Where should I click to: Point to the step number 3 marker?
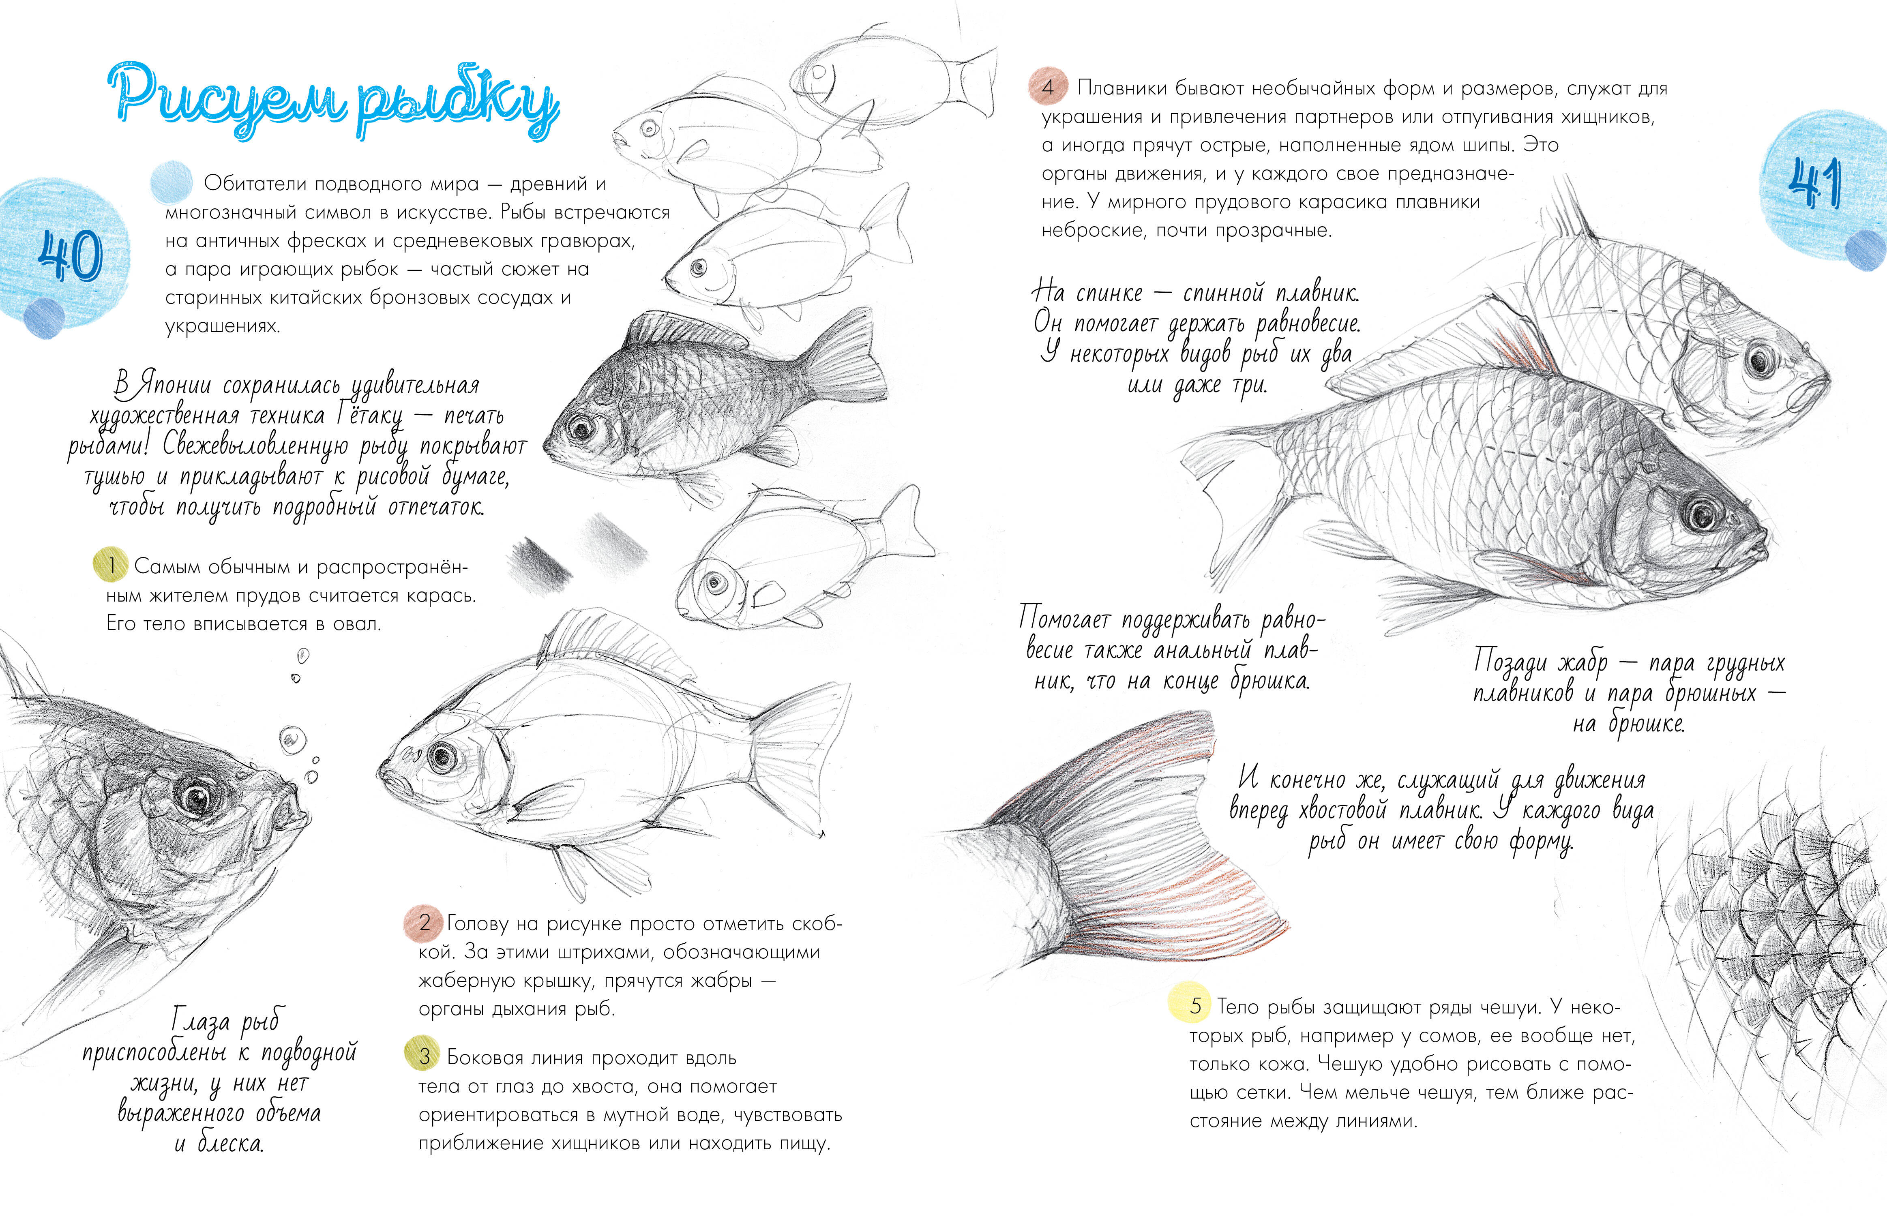(x=424, y=1056)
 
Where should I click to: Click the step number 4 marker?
(x=1047, y=87)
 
